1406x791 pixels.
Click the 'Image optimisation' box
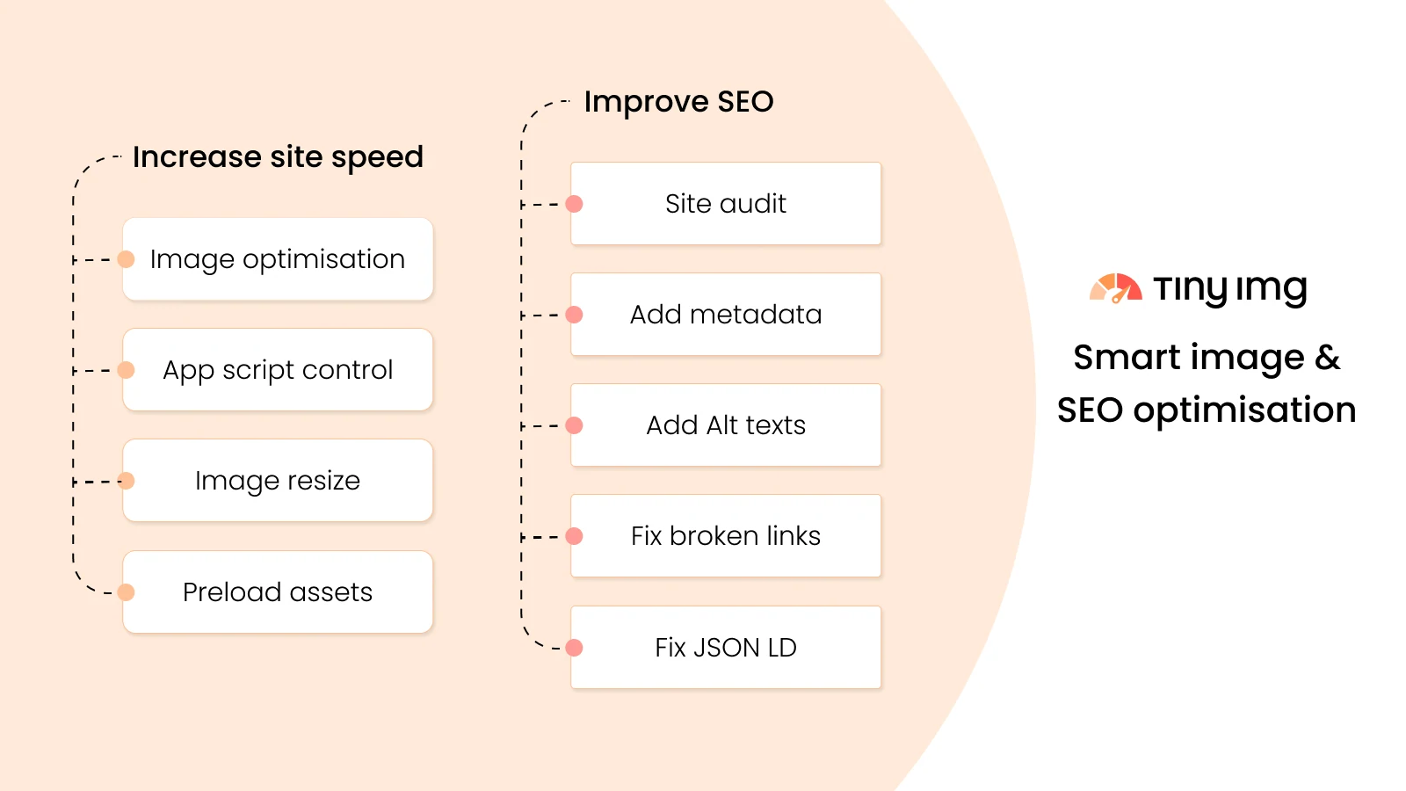[x=278, y=259]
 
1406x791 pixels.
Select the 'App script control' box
[x=278, y=370]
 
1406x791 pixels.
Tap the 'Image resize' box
[x=278, y=481]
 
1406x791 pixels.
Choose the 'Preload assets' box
[x=278, y=591]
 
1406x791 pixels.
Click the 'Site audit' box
[x=726, y=204]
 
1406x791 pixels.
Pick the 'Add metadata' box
[x=726, y=315]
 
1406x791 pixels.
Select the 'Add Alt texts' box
[x=726, y=425]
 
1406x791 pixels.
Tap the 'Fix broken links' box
[x=726, y=536]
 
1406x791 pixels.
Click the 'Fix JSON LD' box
[x=726, y=647]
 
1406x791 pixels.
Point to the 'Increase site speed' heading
[x=278, y=157]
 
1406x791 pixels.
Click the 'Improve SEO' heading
[x=678, y=102]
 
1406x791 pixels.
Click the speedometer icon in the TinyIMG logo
[x=1115, y=288]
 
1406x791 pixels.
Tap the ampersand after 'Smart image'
[x=1327, y=358]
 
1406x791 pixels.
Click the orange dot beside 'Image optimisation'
[x=127, y=259]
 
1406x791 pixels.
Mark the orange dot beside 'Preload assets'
[x=127, y=592]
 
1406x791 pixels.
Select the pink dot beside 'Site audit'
[x=575, y=204]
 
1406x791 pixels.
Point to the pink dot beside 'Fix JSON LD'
[x=575, y=648]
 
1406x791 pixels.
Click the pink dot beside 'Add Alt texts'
[x=575, y=425]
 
